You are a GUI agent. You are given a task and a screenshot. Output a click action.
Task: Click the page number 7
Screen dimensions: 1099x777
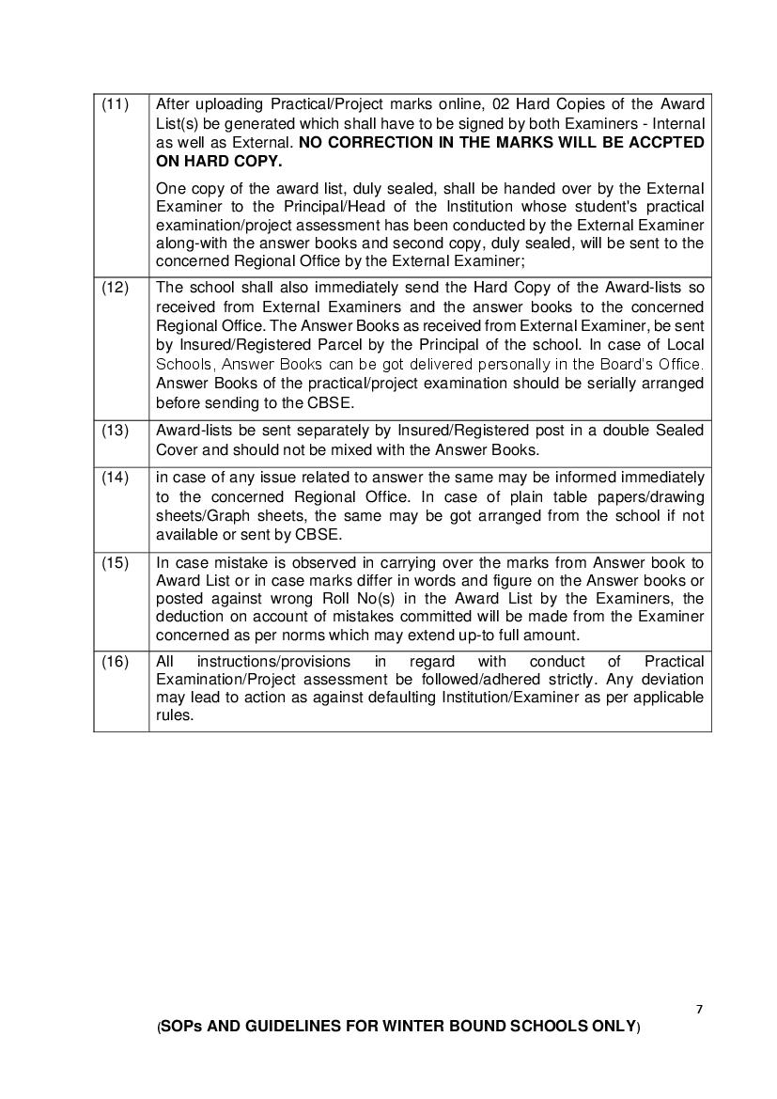click(x=699, y=1010)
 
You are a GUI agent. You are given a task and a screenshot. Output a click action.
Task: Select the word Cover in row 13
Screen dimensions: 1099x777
click(x=177, y=448)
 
